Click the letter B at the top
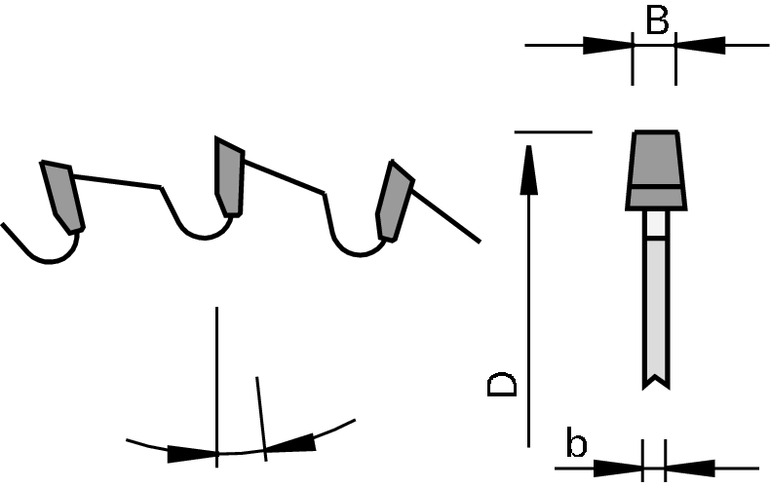[x=657, y=20]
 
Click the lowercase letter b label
[x=576, y=442]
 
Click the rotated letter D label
[x=502, y=385]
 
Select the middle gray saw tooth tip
[x=229, y=176]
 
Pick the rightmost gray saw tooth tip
[x=394, y=201]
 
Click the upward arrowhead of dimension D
[x=529, y=169]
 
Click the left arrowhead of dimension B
[x=607, y=45]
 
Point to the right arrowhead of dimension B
[x=701, y=45]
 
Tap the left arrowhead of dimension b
[x=618, y=468]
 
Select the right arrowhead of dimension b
[x=690, y=468]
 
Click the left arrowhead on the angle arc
[x=192, y=454]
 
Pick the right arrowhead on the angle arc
[x=290, y=442]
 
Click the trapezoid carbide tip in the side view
[x=657, y=169]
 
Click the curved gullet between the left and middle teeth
[x=203, y=237]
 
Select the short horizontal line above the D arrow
[x=554, y=132]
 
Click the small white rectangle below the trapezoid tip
[x=657, y=224]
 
